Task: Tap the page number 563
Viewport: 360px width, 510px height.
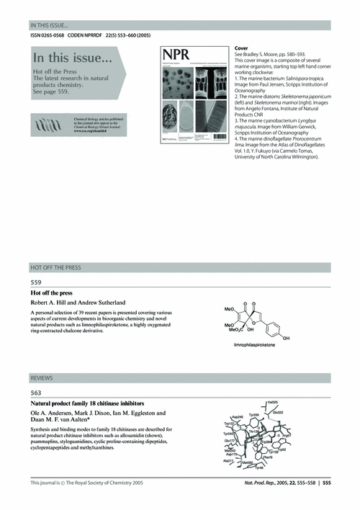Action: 35,393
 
